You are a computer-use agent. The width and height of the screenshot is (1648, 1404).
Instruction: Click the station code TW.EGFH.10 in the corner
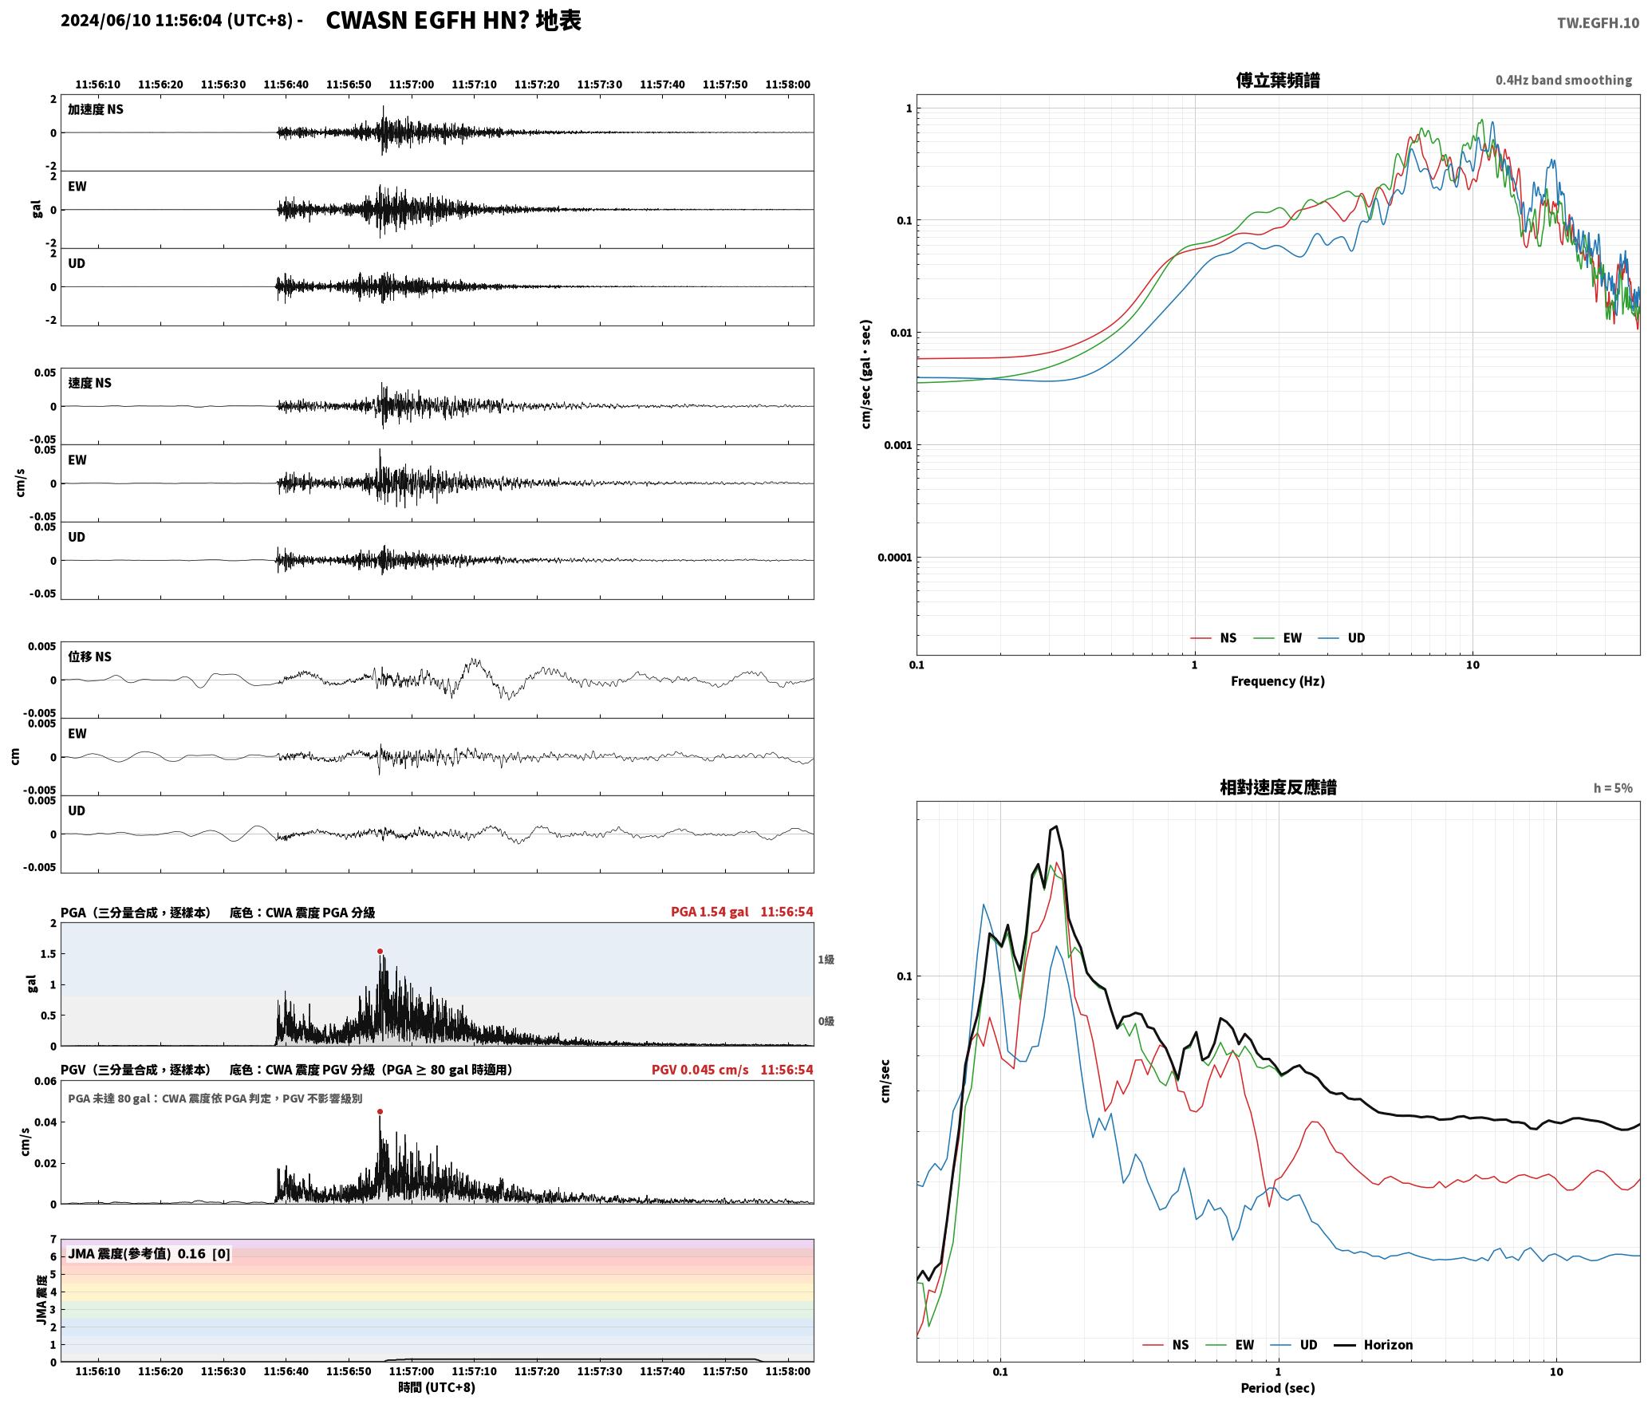pos(1598,22)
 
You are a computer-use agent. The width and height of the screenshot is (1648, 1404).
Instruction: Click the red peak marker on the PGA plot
pos(380,951)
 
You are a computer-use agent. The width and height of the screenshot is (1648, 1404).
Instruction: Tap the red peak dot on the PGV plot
pos(380,1111)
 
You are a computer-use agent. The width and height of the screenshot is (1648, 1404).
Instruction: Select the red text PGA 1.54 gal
pos(710,912)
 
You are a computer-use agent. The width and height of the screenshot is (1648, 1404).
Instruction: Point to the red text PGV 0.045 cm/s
pos(700,1070)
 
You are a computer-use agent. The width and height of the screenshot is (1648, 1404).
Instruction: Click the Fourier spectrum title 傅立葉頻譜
pos(1278,80)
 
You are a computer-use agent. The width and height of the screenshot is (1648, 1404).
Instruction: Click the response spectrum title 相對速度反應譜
pos(1278,787)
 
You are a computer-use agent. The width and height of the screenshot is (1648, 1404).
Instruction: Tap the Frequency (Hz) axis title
pos(1278,680)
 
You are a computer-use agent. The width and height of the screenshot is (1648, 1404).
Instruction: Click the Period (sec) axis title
pos(1278,1387)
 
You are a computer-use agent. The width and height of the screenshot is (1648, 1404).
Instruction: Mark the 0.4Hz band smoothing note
pos(1563,81)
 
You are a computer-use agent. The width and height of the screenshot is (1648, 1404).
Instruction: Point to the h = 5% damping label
pos(1613,788)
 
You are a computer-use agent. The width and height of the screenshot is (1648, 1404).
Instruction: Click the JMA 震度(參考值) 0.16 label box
pos(149,1253)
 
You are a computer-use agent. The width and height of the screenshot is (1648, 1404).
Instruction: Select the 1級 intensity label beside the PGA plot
pos(826,960)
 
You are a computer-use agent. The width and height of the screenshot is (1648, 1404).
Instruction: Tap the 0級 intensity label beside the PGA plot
pos(826,1021)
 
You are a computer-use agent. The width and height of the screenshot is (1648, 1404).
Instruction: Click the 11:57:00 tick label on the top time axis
pos(412,85)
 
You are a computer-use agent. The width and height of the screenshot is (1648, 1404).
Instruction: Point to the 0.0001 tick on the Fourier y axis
pos(894,558)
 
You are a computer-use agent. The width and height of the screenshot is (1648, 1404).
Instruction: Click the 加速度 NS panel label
pos(96,109)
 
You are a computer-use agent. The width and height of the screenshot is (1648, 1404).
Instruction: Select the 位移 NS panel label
pos(89,657)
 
